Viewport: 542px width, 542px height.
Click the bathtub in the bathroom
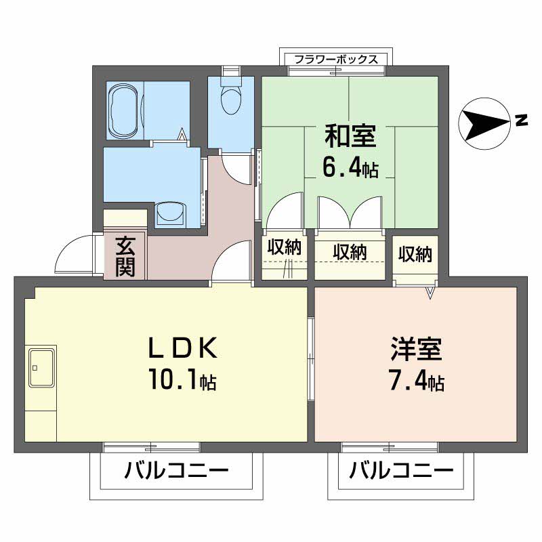pos(123,110)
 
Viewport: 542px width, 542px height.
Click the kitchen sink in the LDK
pos(41,367)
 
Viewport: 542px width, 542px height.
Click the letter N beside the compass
pos(521,121)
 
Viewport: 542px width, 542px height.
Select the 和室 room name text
pos(350,136)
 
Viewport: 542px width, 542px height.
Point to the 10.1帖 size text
pos(182,381)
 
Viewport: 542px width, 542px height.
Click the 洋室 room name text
pos(416,350)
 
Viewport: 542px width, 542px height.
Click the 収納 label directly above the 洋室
pos(415,254)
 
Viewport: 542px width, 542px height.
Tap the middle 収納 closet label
pos(350,252)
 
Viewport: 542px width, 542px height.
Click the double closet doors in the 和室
pos(350,213)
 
